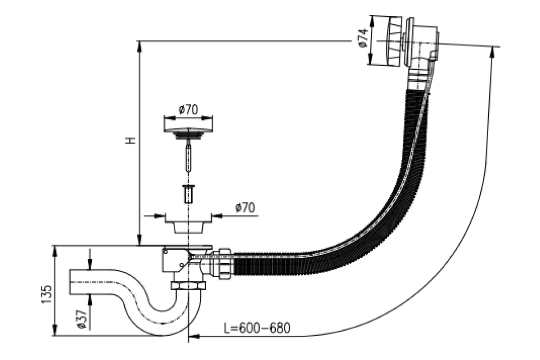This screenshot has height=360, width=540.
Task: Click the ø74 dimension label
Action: click(x=363, y=38)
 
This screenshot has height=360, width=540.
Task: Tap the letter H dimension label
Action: click(x=130, y=140)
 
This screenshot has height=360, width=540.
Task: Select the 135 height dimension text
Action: click(x=47, y=294)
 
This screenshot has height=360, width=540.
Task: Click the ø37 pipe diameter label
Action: click(x=82, y=319)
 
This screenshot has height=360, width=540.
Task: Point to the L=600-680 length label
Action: click(x=257, y=328)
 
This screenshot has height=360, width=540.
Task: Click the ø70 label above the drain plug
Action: click(x=188, y=109)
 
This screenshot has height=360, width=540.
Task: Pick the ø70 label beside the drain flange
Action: click(x=245, y=207)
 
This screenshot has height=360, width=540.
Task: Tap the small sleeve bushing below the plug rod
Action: click(x=188, y=193)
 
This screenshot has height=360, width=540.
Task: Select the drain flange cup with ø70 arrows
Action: click(x=188, y=224)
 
